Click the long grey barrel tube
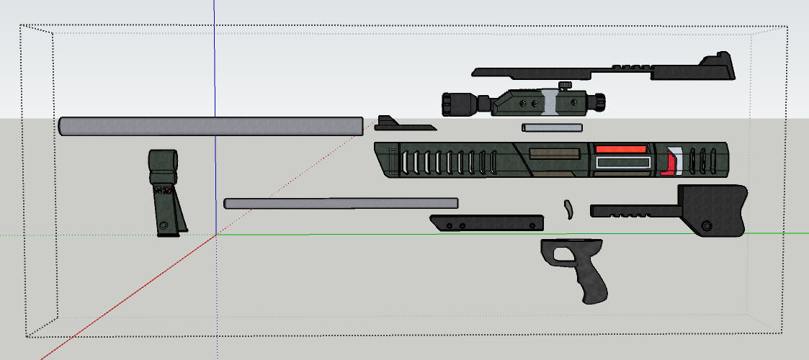(209, 126)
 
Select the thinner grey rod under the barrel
(339, 203)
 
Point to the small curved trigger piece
(568, 209)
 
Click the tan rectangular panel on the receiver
(555, 153)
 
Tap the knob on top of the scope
(564, 86)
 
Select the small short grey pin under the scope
(552, 127)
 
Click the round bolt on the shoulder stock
(707, 225)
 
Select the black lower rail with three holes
(486, 222)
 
